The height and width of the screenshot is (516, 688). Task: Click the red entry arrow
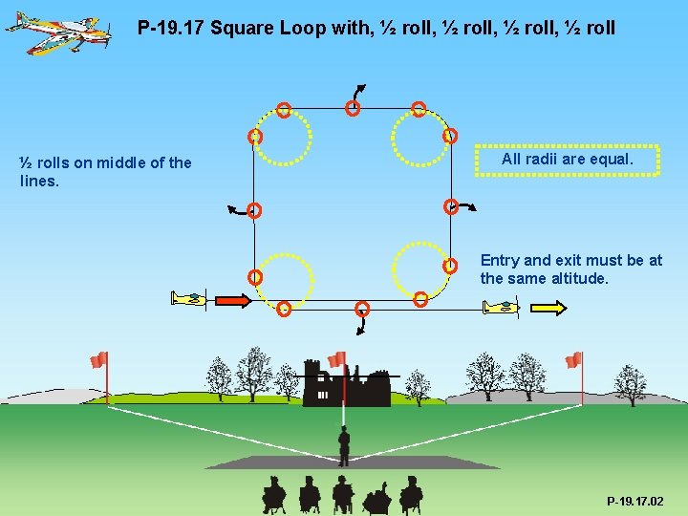tap(232, 300)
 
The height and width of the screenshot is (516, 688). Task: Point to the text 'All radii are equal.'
tap(567, 160)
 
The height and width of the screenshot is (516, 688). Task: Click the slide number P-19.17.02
tap(634, 501)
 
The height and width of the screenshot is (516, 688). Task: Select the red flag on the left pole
tap(98, 359)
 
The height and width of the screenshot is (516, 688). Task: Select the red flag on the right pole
tap(573, 359)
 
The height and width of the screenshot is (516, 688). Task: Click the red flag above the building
tap(336, 359)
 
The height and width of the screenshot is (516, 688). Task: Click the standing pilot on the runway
tap(344, 444)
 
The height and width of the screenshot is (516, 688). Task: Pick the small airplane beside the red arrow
tap(189, 299)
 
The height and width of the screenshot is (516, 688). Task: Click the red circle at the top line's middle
tap(353, 109)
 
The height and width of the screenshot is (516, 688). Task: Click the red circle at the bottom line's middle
tap(362, 308)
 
